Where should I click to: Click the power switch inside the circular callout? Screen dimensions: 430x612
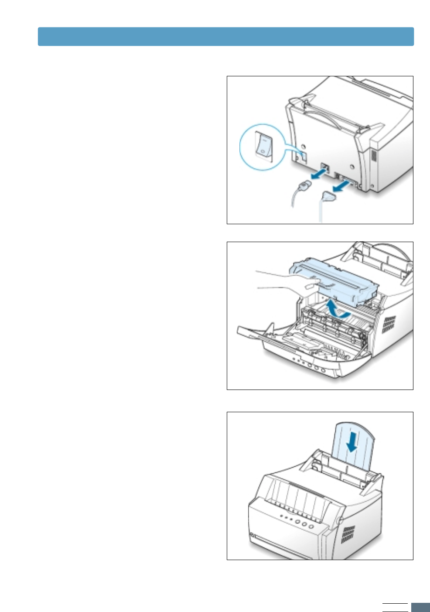pyautogui.click(x=264, y=145)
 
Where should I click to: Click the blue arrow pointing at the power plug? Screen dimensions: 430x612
pyautogui.click(x=317, y=175)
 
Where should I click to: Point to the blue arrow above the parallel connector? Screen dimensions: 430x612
pyautogui.click(x=342, y=186)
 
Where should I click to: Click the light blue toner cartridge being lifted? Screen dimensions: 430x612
pyautogui.click(x=336, y=281)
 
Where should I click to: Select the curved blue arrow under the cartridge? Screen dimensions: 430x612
pyautogui.click(x=337, y=309)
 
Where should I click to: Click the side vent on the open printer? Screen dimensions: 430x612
pyautogui.click(x=389, y=324)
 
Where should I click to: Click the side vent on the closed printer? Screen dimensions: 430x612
pyautogui.click(x=348, y=534)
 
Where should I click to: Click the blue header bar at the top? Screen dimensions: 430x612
pyautogui.click(x=225, y=37)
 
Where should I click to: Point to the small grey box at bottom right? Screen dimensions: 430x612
pyautogui.click(x=420, y=607)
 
